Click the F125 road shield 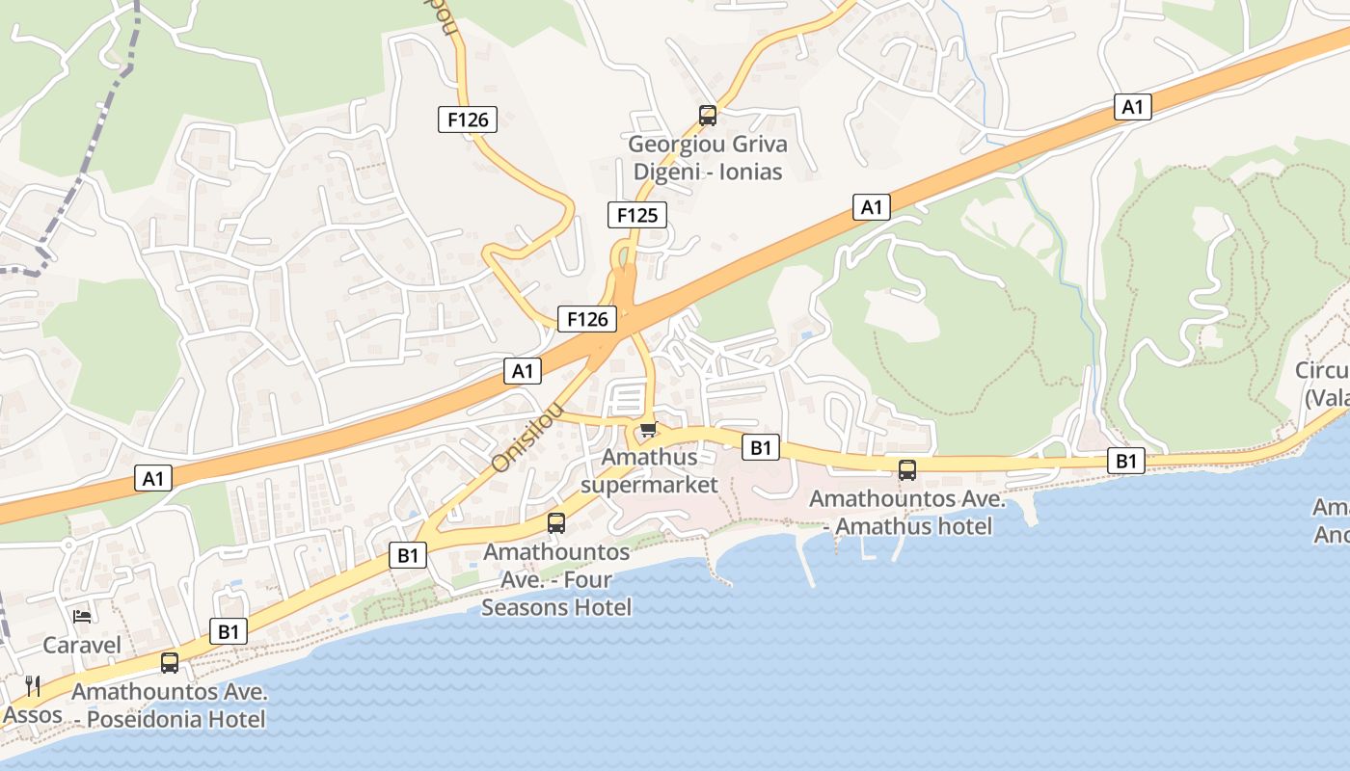coord(637,215)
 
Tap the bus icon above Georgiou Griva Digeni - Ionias coord(708,116)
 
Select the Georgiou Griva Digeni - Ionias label coord(708,158)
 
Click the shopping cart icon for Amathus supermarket coord(648,429)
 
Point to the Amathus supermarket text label coord(650,470)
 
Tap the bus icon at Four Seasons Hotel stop coord(556,523)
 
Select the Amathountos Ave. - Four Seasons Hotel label coord(556,579)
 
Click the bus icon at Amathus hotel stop coord(907,470)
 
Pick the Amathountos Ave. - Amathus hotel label coord(906,513)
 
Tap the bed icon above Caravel coord(83,616)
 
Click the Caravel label coord(82,645)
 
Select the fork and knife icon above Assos coord(33,685)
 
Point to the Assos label coord(33,715)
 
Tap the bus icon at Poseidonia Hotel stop coord(170,663)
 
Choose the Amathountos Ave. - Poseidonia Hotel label coord(169,705)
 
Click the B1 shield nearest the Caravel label coord(229,631)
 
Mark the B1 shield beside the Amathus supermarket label coord(761,447)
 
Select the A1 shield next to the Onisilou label coord(522,371)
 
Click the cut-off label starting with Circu coord(1322,384)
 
